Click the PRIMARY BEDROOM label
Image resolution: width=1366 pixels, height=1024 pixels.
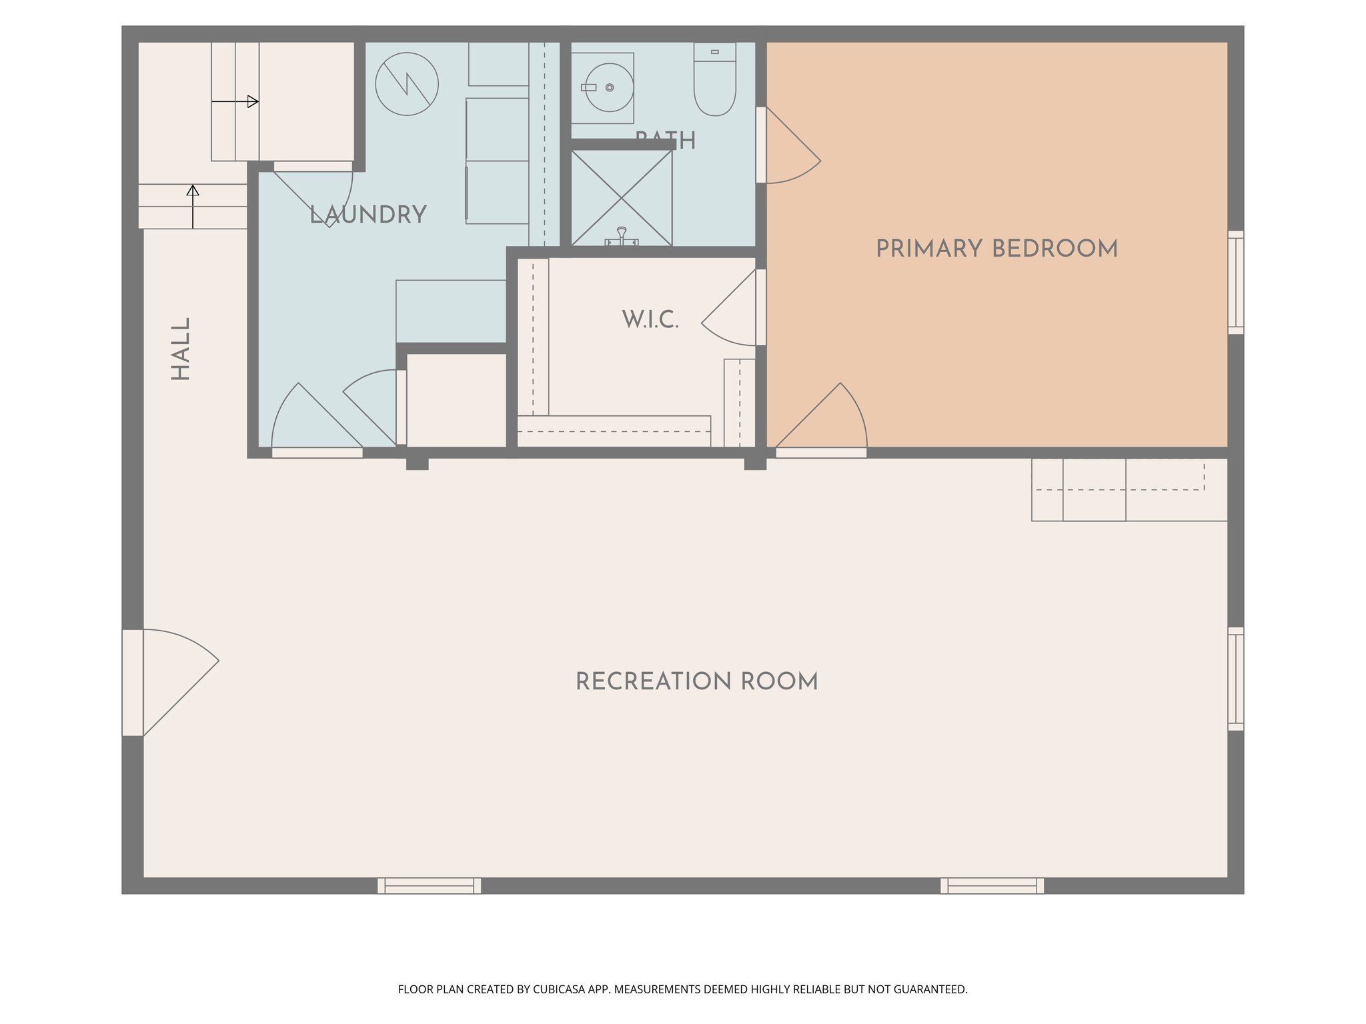[x=996, y=249]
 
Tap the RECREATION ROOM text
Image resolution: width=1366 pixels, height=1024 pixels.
[x=696, y=682]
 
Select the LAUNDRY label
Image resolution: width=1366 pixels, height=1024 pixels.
[x=368, y=215]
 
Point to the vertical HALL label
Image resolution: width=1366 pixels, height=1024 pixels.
[x=181, y=349]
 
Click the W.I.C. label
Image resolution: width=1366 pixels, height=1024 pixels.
[x=650, y=320]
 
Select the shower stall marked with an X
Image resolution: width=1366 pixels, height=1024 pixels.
[x=622, y=198]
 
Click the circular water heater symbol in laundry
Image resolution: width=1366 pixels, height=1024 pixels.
[x=406, y=84]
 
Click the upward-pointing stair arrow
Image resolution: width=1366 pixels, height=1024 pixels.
[x=193, y=206]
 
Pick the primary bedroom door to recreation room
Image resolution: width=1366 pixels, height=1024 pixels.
[x=824, y=420]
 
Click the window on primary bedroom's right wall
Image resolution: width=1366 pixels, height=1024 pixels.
[x=1235, y=283]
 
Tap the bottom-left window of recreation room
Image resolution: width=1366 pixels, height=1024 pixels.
[x=429, y=885]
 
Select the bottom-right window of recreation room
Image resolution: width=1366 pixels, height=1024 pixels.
[x=992, y=885]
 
